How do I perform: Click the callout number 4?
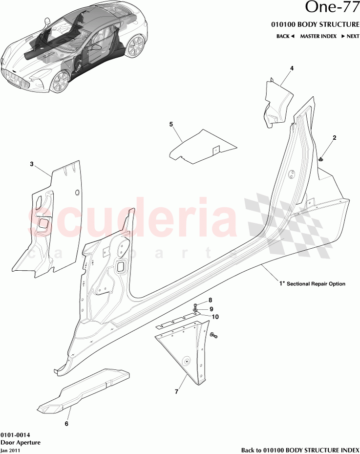[x=292, y=68]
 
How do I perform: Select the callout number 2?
[x=335, y=138]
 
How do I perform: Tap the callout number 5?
[x=171, y=125]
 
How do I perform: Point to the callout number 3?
[x=32, y=164]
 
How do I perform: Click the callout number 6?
[x=66, y=424]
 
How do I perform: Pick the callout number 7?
[x=176, y=391]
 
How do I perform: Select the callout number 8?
[x=211, y=300]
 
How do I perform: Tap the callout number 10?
[x=214, y=317]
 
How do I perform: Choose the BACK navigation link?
[x=285, y=36]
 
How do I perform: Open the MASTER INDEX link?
[x=318, y=36]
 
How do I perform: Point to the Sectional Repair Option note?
[x=315, y=283]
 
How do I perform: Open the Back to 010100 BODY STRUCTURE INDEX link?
[x=300, y=450]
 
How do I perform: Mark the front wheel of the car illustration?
[x=60, y=82]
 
